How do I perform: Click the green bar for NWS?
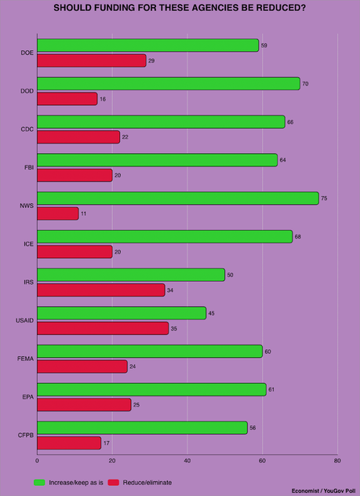tap(177, 198)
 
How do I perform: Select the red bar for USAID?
tap(103, 328)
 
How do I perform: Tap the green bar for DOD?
tap(168, 83)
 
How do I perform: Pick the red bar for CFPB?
tap(69, 443)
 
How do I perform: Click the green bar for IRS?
tap(131, 275)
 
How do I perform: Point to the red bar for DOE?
tap(91, 60)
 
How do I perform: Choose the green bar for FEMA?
tap(150, 351)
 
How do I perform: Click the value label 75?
tap(324, 198)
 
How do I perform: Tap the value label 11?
tap(83, 213)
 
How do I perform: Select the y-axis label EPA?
tap(27, 397)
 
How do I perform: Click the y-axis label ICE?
tap(27, 244)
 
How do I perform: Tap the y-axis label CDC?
tap(27, 129)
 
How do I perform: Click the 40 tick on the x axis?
tap(187, 461)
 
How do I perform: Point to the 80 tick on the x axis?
tap(337, 461)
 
